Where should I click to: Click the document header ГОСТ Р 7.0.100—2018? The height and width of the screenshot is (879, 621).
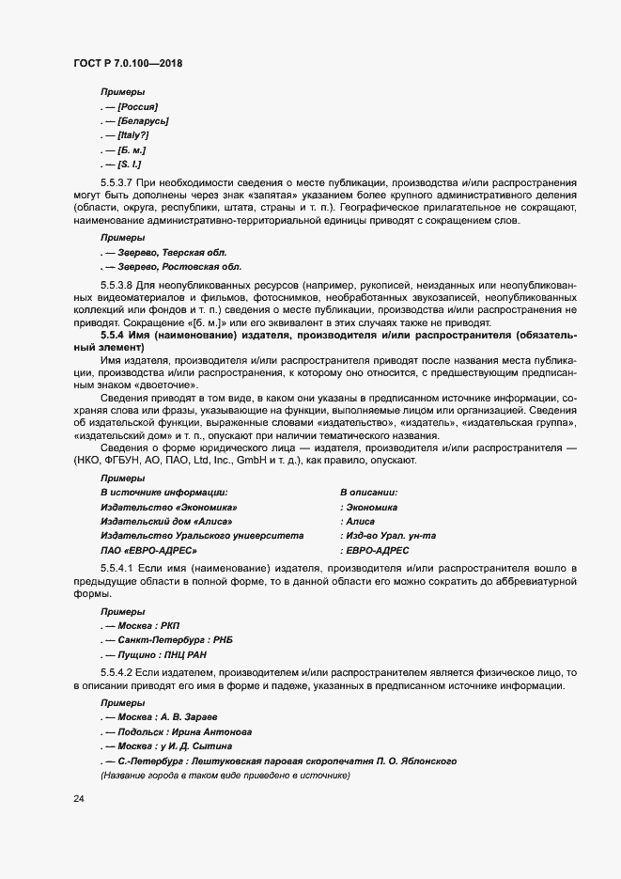tap(127, 63)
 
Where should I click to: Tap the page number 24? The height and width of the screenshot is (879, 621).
tap(80, 799)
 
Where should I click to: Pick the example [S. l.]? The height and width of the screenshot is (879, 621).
tap(130, 165)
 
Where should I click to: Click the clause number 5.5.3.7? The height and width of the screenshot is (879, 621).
tap(116, 181)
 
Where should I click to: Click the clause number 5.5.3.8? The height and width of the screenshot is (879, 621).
tap(116, 284)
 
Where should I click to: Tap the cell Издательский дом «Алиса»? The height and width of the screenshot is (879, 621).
tap(165, 520)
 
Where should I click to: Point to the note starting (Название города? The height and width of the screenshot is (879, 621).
tap(225, 775)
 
